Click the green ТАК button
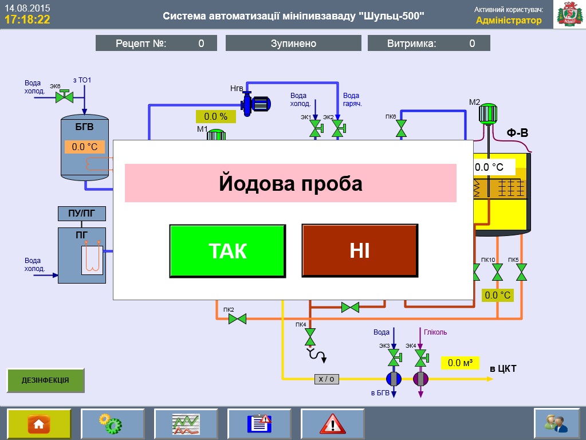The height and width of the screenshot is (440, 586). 227,251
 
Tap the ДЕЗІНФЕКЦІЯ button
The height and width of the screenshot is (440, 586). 45,380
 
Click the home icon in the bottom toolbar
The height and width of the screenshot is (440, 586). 39,424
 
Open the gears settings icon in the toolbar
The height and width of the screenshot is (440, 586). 112,424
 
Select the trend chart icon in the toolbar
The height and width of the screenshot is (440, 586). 186,424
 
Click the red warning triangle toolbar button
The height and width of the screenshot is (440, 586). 332,424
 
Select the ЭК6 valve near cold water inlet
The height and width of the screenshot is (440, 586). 64,96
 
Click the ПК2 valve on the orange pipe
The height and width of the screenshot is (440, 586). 237,319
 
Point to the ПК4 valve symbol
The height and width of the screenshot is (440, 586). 310,337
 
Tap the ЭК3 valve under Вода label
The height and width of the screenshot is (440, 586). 394,357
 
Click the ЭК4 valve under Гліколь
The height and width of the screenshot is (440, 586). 421,357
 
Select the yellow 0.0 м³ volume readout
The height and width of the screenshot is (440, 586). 459,363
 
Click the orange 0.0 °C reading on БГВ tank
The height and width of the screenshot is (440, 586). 85,147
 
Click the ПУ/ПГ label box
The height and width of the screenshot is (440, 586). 82,214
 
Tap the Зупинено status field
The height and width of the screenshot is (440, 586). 293,44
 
